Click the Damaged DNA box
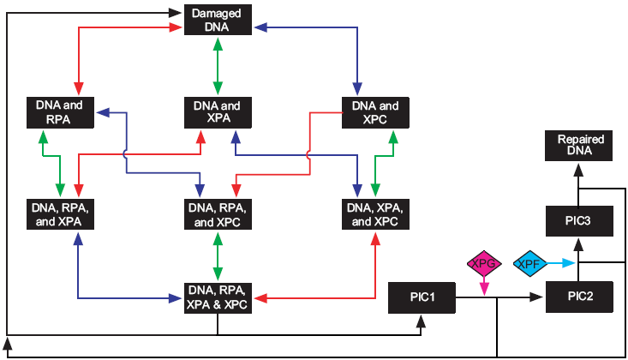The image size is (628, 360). point(218,21)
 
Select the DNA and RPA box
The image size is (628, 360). point(59,112)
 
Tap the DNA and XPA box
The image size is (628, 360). point(218,112)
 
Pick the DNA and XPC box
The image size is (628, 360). point(376,112)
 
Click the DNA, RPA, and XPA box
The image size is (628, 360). point(59,215)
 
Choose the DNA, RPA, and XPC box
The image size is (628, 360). point(218,215)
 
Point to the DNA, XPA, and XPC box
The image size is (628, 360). point(376,215)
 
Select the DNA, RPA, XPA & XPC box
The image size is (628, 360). point(218,297)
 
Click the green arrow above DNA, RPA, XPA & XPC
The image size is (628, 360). point(218,255)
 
